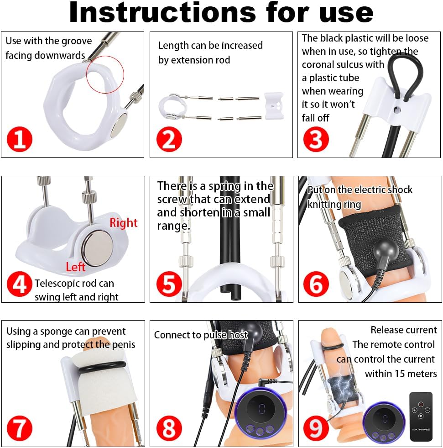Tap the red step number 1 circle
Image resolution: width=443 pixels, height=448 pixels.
click(20, 139)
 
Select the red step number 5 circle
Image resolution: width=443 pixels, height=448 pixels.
click(169, 285)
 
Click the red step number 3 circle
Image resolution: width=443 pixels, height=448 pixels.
click(316, 139)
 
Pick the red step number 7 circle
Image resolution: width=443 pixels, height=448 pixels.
click(20, 428)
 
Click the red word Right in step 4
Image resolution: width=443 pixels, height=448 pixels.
click(123, 223)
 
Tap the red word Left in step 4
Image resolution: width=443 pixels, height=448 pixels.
click(75, 267)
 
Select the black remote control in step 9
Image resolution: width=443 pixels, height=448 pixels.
click(421, 416)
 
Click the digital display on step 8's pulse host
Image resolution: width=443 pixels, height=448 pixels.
click(262, 408)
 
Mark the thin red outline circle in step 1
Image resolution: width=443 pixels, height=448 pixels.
click(105, 74)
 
